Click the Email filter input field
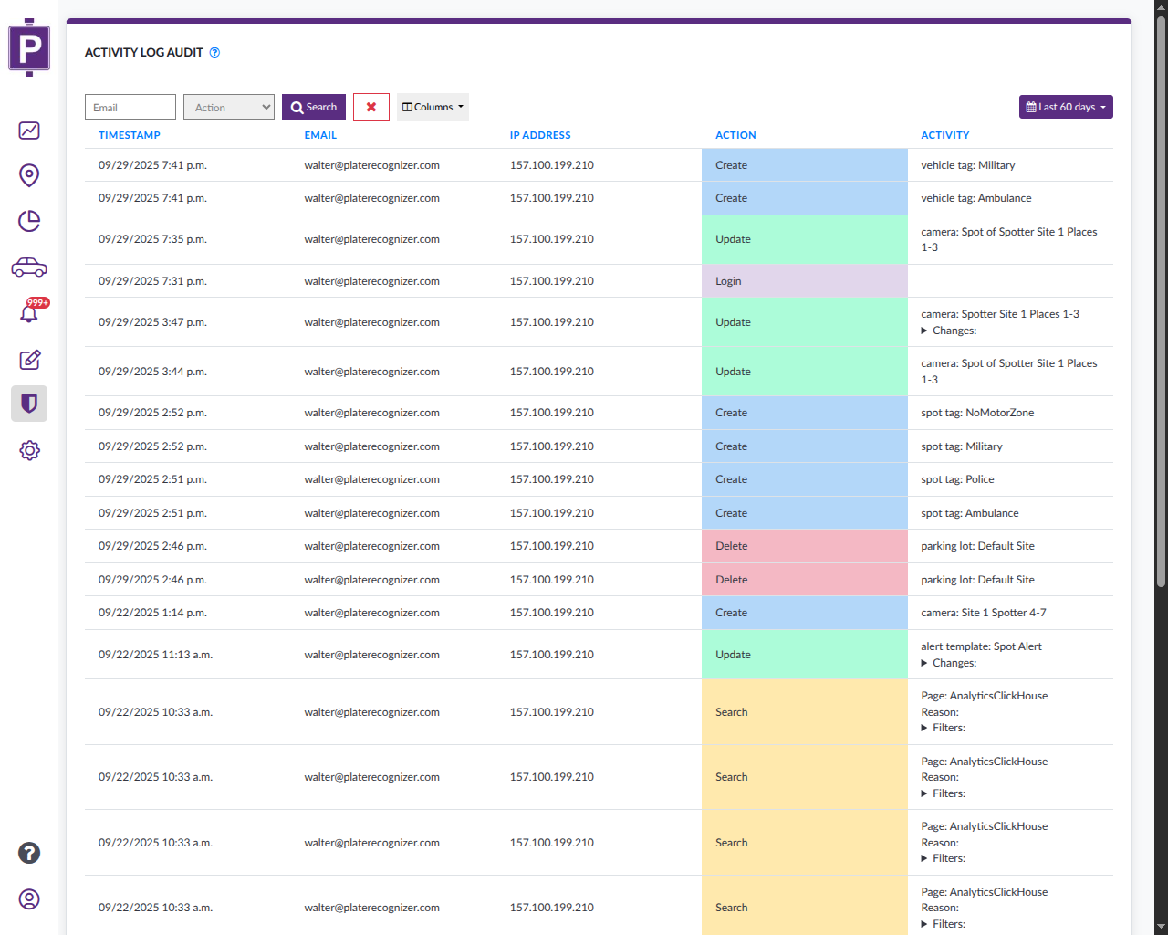click(130, 107)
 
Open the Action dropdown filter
click(228, 107)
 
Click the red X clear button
click(371, 107)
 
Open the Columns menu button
click(433, 107)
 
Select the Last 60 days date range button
click(1066, 107)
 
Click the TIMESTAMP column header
click(130, 135)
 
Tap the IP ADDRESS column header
click(540, 135)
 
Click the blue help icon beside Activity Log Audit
click(214, 53)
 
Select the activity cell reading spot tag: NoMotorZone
click(977, 413)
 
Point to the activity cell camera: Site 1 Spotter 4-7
click(983, 613)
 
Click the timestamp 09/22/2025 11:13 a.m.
click(155, 655)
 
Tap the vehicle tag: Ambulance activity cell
click(975, 198)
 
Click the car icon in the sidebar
click(29, 268)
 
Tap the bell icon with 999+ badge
click(29, 313)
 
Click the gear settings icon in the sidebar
click(29, 450)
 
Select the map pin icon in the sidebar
click(29, 175)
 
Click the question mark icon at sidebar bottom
click(29, 853)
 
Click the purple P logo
click(29, 47)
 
